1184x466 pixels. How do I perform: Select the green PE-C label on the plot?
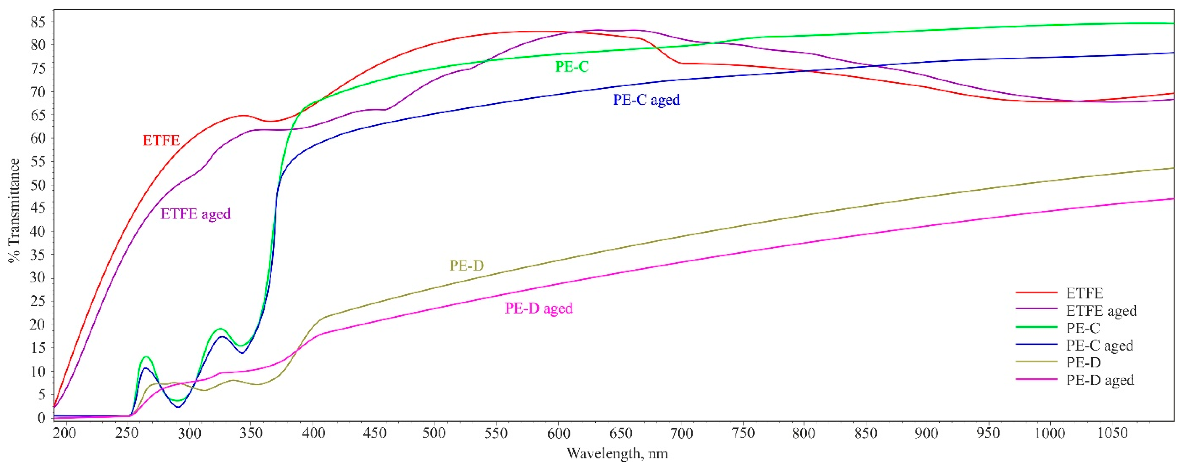pos(572,67)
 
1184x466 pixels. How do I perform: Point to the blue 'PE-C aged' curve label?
pos(646,100)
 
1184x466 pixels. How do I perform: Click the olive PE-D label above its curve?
pos(467,266)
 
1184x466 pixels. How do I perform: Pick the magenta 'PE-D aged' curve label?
pos(539,308)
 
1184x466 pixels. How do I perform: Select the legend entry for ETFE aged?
pos(1101,311)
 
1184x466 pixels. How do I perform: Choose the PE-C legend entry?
pos(1083,328)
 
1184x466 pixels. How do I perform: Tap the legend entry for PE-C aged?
pos(1099,346)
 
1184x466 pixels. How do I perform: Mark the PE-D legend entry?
pos(1083,363)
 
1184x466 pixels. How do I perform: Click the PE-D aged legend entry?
pos(1100,380)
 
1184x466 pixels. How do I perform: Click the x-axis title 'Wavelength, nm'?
pos(617,454)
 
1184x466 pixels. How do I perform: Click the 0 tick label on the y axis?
pos(42,418)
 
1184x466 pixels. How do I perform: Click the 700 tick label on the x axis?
pos(681,433)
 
